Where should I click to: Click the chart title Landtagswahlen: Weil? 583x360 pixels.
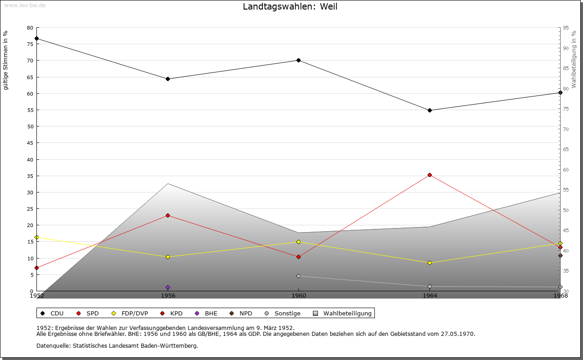pos(290,6)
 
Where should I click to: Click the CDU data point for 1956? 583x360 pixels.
pos(168,79)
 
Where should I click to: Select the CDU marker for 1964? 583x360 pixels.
pos(430,110)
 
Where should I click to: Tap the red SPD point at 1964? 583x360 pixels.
pos(430,175)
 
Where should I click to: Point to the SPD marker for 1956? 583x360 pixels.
pos(168,215)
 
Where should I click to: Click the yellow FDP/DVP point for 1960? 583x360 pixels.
pos(298,242)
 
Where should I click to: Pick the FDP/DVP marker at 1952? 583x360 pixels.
pos(36,237)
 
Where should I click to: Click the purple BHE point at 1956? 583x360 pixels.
pos(168,287)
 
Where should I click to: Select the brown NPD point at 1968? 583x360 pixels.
pos(560,255)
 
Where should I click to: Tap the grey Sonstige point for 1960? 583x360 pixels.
pos(298,276)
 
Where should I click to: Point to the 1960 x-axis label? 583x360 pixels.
pos(298,296)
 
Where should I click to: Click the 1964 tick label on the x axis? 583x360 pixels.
pos(430,296)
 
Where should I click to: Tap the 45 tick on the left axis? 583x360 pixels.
pos(30,143)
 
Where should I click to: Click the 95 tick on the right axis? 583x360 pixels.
pos(566,28)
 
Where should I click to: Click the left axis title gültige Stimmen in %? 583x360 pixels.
pos(6,60)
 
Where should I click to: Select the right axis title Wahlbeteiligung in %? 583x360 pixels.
pos(574,59)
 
